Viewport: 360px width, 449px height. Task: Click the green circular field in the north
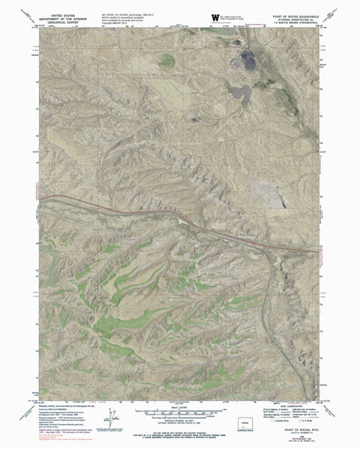coord(166,60)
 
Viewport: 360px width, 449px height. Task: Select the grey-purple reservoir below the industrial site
coord(241,92)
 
